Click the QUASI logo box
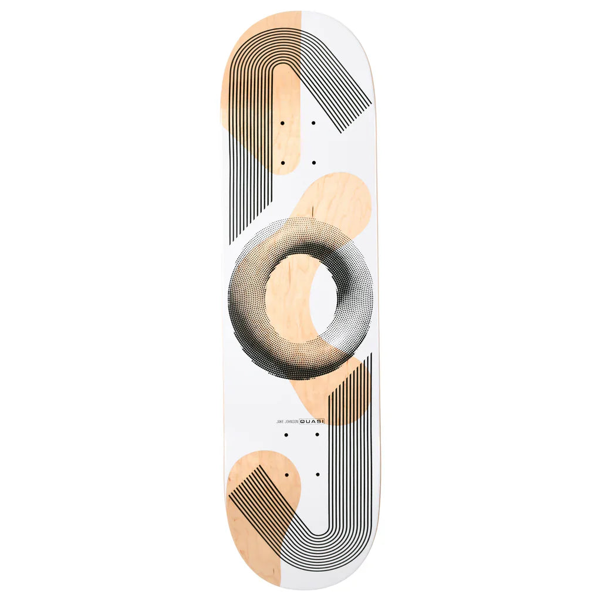pyautogui.click(x=312, y=421)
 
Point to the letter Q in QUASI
pyautogui.click(x=303, y=421)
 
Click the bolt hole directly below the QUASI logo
pyautogui.click(x=317, y=435)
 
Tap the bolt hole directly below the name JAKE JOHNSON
pyautogui.click(x=286, y=435)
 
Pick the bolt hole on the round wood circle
pyautogui.click(x=286, y=474)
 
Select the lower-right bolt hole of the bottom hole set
pyautogui.click(x=318, y=474)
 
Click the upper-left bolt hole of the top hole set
pyautogui.click(x=282, y=123)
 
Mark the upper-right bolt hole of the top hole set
pyautogui.click(x=313, y=123)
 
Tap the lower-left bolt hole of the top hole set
pyautogui.click(x=282, y=163)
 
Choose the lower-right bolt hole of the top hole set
pyautogui.click(x=313, y=163)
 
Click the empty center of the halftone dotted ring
pyautogui.click(x=301, y=298)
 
